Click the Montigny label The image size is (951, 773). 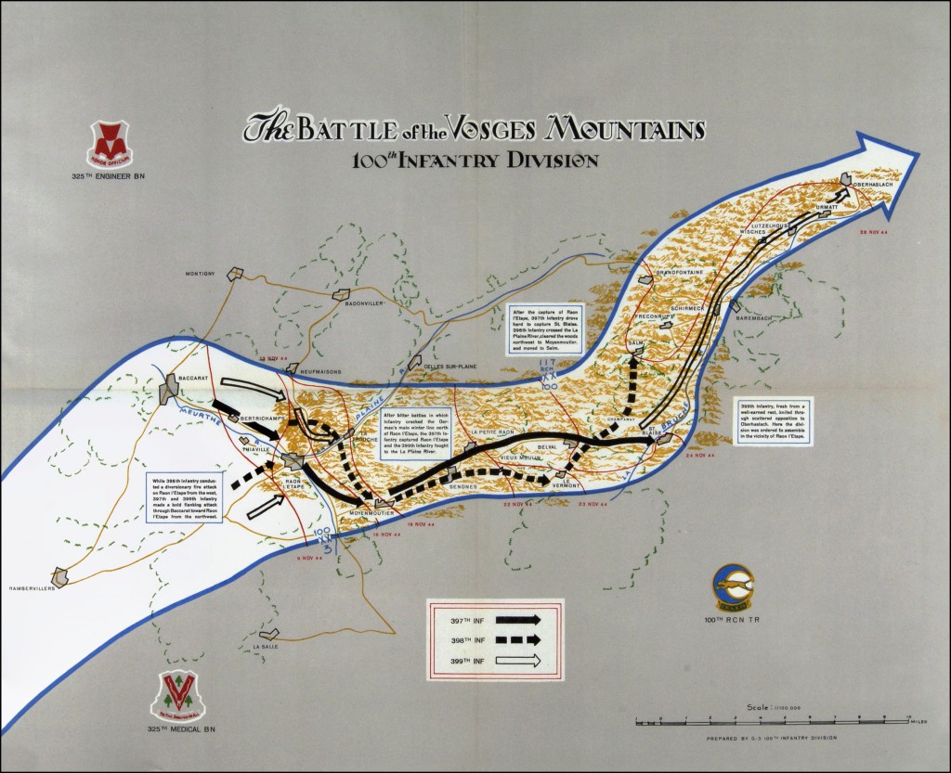pos(200,273)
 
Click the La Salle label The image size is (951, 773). pos(265,646)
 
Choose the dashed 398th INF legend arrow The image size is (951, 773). pos(521,638)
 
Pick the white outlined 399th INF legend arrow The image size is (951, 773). pos(521,661)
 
